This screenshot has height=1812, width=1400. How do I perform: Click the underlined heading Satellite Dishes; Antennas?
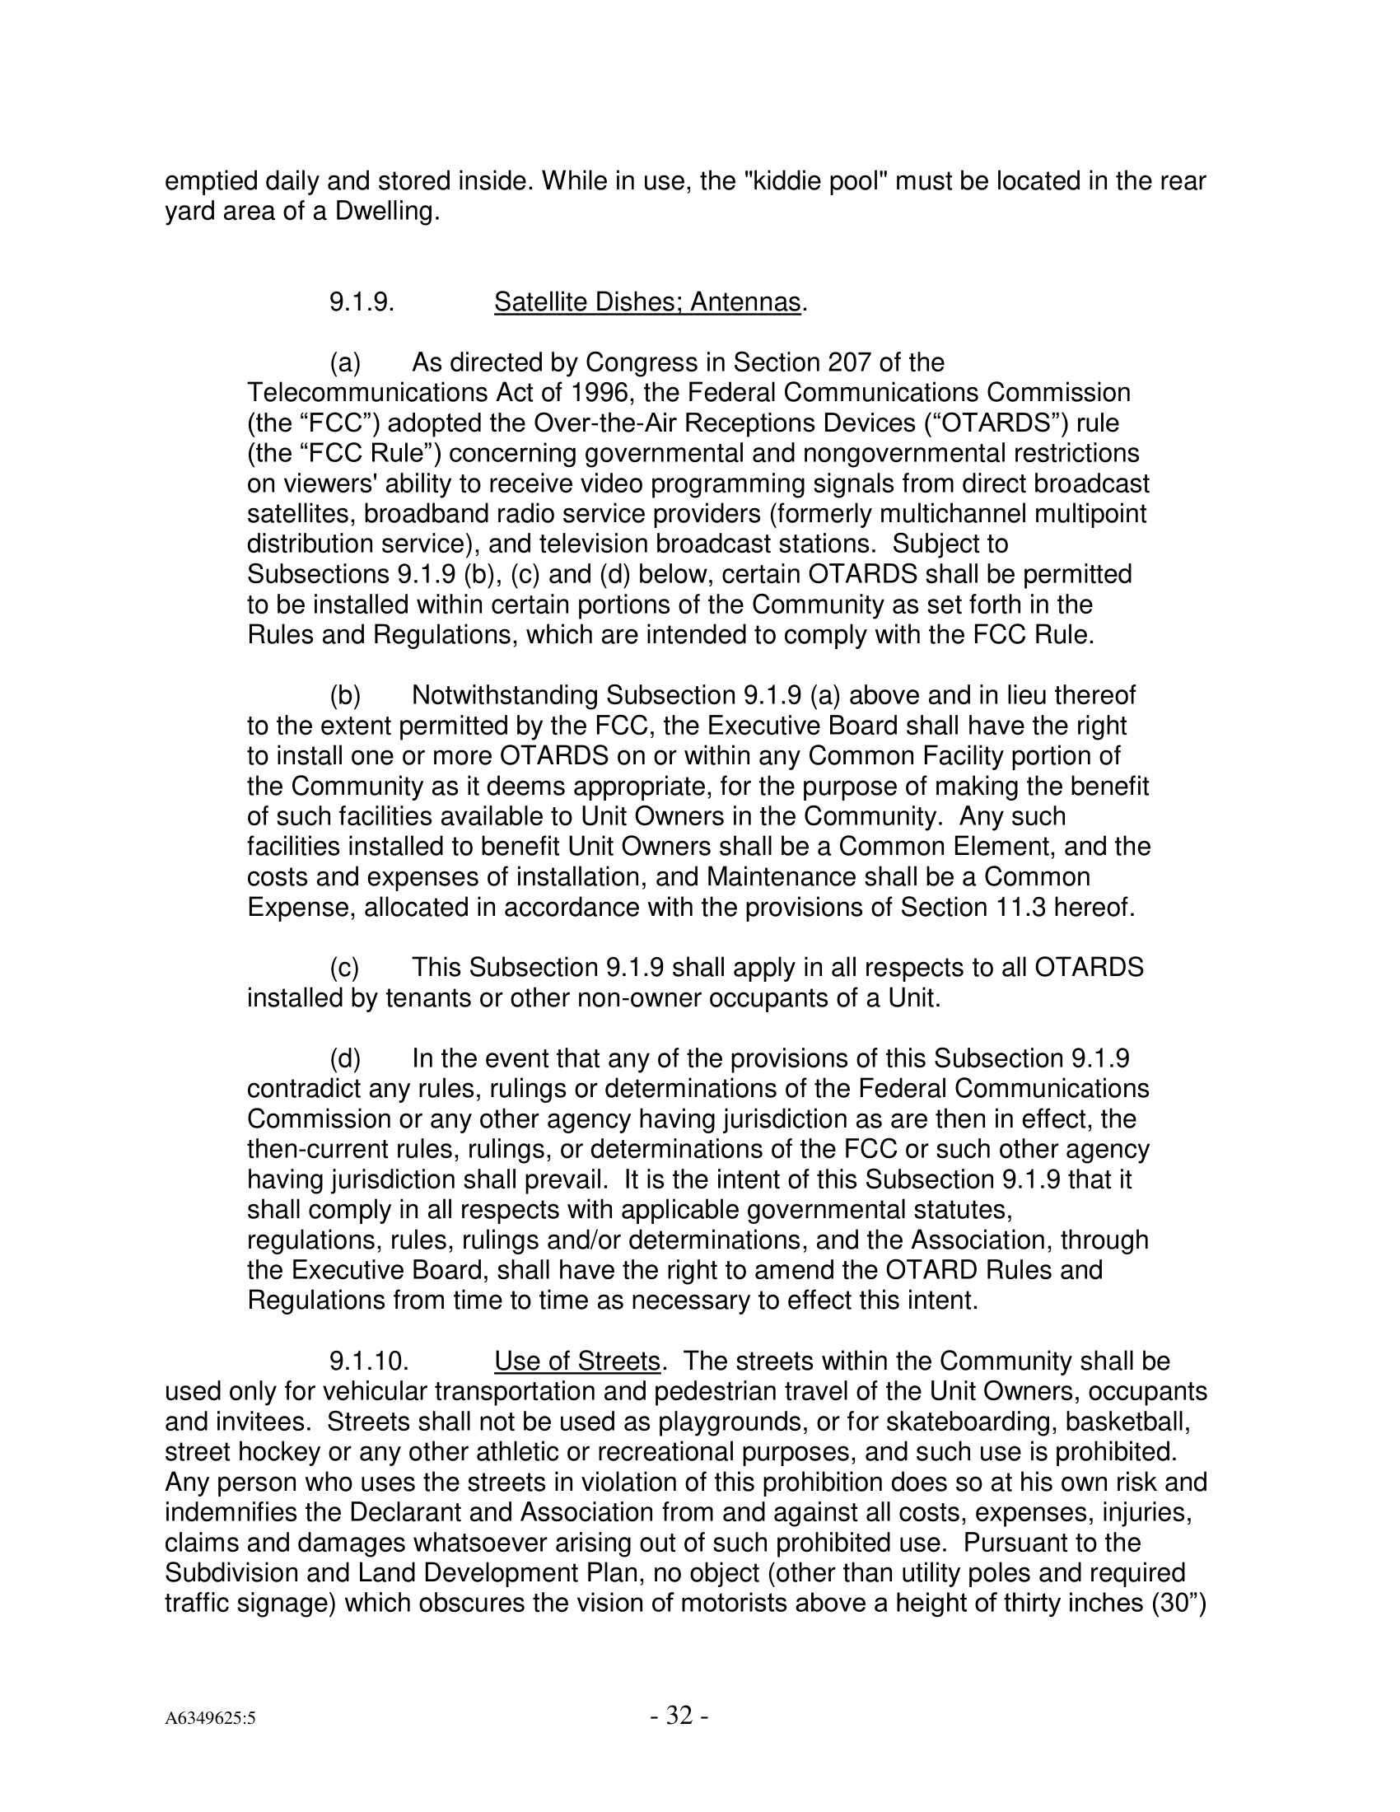click(647, 302)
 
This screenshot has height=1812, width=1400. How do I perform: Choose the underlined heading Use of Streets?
click(577, 1361)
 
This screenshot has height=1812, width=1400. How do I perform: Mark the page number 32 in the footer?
click(679, 1716)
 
